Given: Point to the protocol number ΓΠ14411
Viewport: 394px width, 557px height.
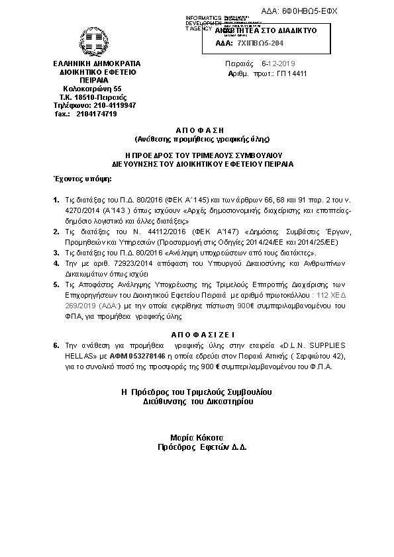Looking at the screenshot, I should point(291,73).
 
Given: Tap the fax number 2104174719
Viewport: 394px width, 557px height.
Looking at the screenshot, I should point(97,114).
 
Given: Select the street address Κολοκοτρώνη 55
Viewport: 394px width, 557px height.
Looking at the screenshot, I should point(92,88).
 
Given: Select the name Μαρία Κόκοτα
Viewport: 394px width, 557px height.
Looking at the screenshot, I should point(197,437).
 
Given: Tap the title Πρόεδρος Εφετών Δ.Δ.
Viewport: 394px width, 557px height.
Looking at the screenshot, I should point(197,447).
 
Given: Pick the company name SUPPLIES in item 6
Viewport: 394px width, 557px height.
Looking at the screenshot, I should point(324,346).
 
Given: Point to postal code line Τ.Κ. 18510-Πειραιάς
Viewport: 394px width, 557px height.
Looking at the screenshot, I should point(89,97).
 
